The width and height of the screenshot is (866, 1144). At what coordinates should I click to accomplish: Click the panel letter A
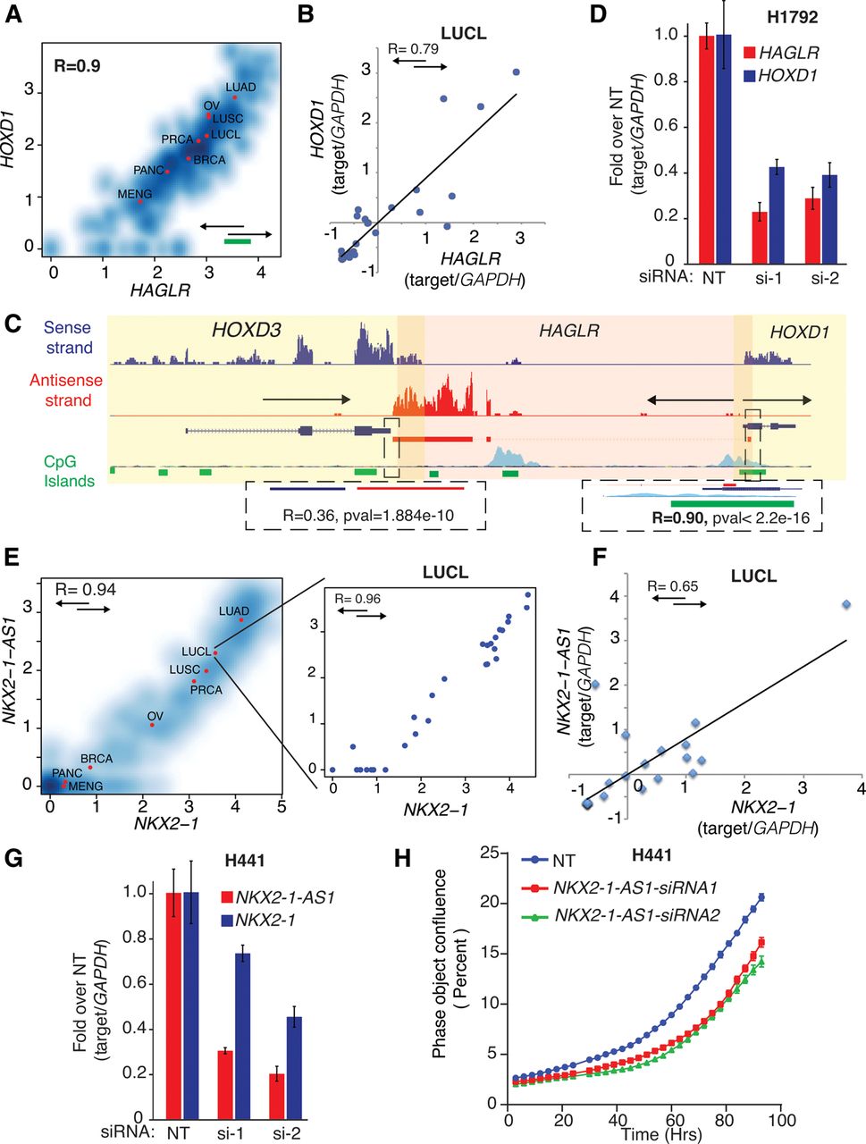coord(14,18)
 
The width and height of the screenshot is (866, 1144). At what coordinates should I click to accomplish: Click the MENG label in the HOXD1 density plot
coord(135,194)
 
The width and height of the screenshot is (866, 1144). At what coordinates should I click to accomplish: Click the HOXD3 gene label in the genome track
coord(246,332)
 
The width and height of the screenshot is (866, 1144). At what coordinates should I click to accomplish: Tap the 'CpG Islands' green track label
coord(69,471)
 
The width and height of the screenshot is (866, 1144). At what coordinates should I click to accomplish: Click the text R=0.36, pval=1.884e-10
coord(366,515)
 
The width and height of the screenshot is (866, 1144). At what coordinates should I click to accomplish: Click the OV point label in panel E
coord(156,716)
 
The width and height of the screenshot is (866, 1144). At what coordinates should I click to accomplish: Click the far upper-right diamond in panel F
coord(845,605)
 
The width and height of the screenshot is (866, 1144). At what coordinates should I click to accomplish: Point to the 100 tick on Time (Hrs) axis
coord(781,1121)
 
